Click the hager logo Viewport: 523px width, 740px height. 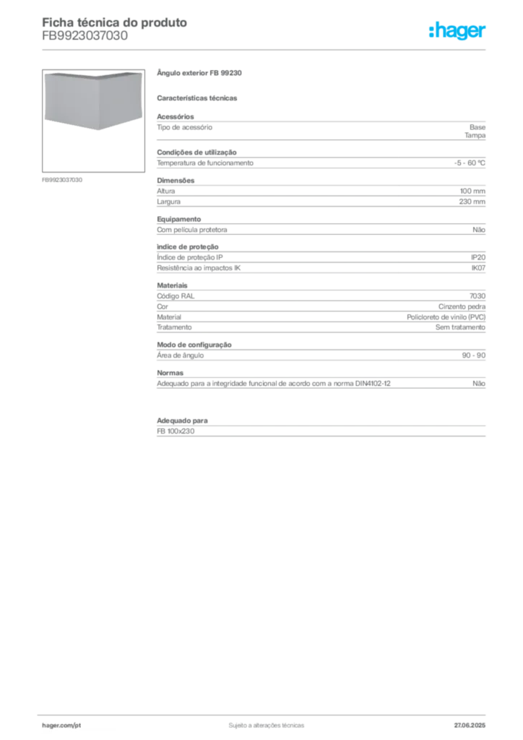(457, 31)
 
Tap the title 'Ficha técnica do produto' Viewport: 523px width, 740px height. (115, 22)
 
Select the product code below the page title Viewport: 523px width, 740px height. (85, 36)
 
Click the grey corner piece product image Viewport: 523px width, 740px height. (93, 100)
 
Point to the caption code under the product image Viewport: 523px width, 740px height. (62, 180)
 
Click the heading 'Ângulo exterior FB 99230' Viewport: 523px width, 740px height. (199, 73)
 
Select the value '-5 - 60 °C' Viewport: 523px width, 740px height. (470, 163)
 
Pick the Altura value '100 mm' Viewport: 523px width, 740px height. (472, 191)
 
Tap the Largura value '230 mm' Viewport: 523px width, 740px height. (472, 202)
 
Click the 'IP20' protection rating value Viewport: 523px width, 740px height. (478, 257)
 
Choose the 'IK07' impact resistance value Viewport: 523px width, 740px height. (478, 267)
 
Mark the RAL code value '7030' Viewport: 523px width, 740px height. (477, 296)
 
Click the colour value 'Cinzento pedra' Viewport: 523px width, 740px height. (462, 306)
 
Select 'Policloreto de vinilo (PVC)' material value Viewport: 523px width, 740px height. (446, 317)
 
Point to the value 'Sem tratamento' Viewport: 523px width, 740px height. (460, 327)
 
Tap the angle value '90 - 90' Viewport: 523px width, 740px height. (473, 356)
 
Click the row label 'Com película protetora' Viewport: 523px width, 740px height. (192, 230)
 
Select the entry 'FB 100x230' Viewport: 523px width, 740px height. (176, 431)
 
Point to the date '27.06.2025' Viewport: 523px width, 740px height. (470, 726)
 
